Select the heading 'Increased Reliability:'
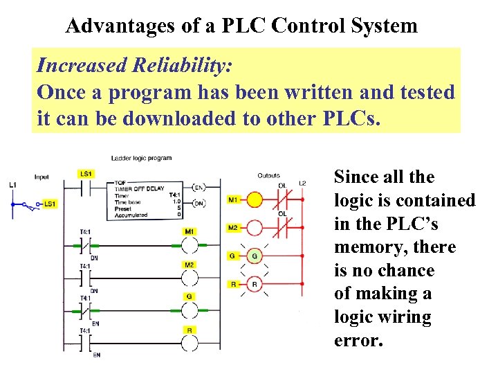[135, 66]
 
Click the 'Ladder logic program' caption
[141, 159]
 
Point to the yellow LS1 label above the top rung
[86, 173]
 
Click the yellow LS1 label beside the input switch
[50, 204]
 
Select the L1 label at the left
[12, 185]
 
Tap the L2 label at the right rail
[302, 184]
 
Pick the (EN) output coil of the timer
[199, 188]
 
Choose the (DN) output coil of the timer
[199, 202]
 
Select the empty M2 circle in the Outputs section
[255, 228]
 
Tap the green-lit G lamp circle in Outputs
[255, 256]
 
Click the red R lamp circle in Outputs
[255, 283]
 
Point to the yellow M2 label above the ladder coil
[189, 265]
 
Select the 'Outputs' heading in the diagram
[268, 175]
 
